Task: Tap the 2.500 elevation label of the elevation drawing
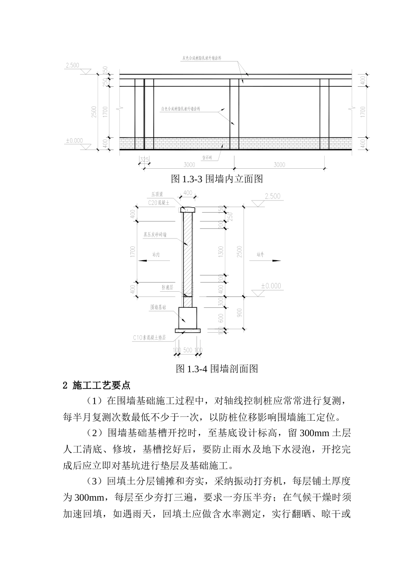click(72, 65)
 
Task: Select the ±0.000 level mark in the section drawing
click(271, 286)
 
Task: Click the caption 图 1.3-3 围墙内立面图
click(217, 179)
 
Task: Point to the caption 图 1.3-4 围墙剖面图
click(217, 369)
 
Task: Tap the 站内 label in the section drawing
click(156, 255)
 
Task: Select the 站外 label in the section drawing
click(261, 254)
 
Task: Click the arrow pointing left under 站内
click(150, 260)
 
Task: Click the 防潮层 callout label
click(167, 288)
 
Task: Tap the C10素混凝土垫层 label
click(149, 337)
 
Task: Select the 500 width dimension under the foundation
click(188, 350)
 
